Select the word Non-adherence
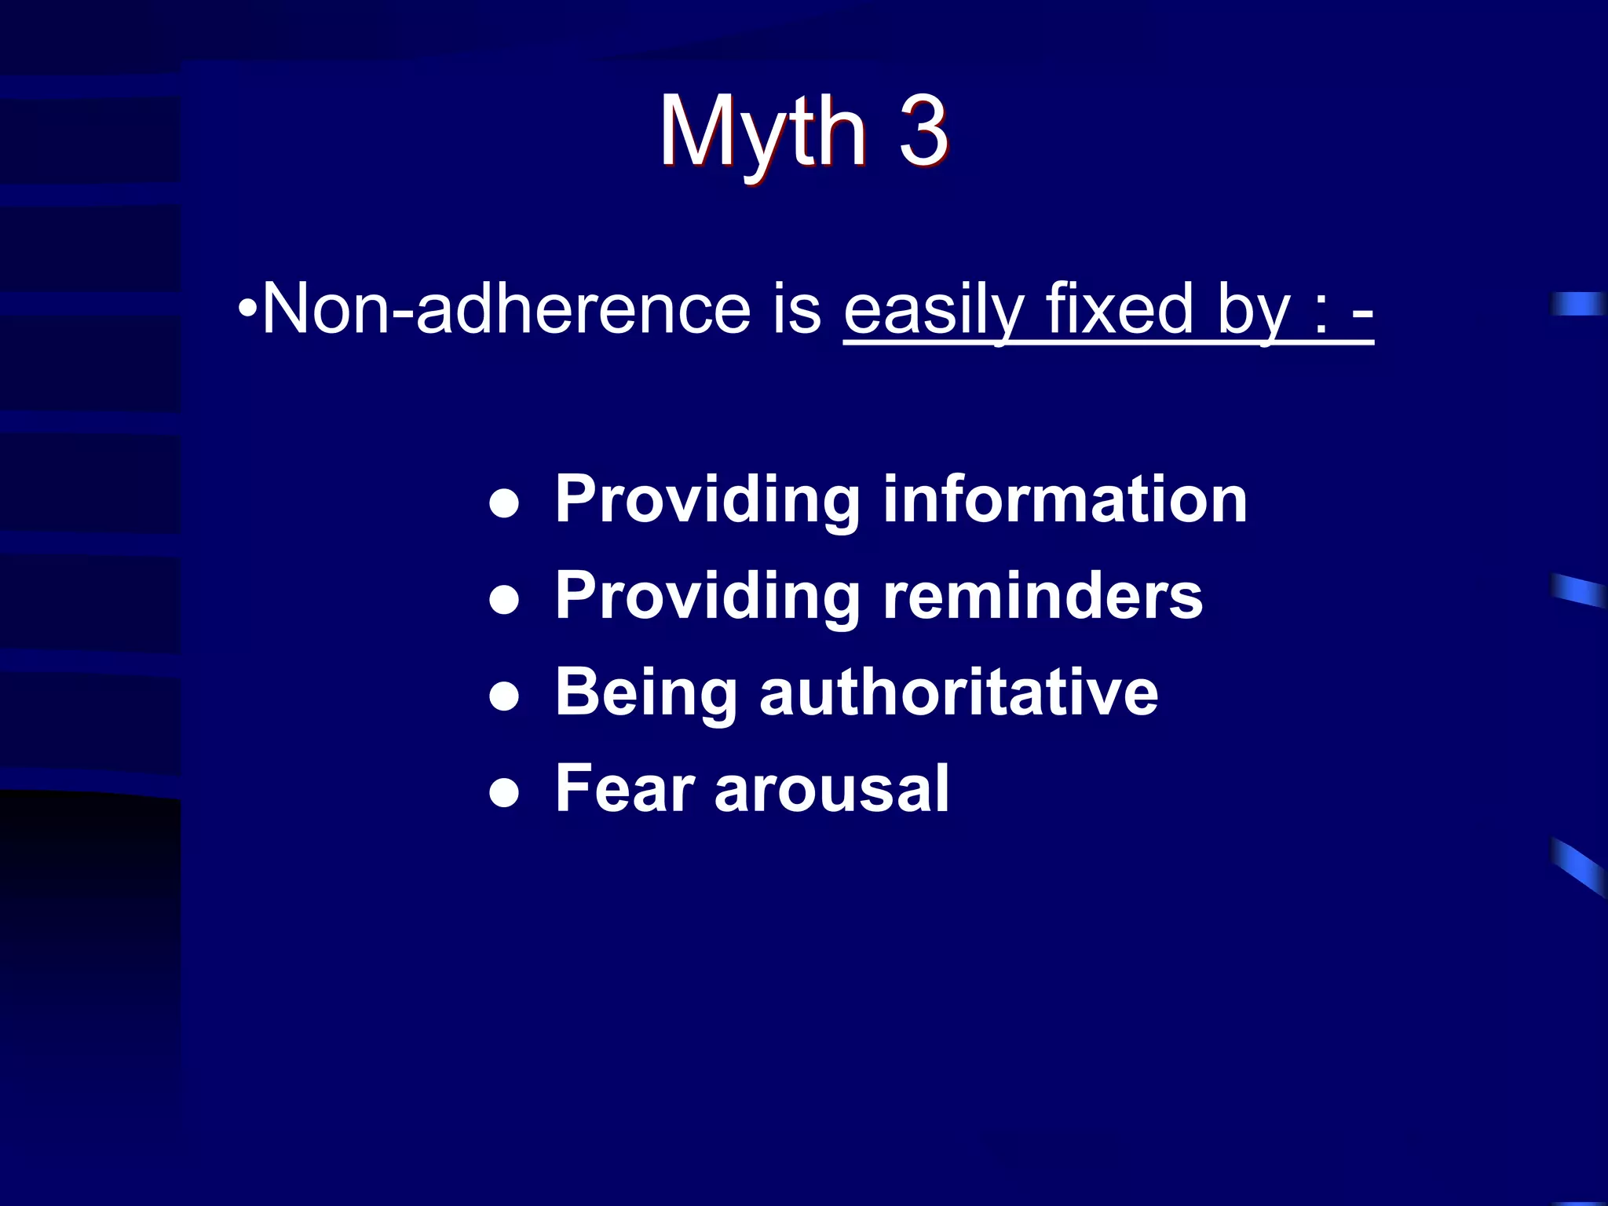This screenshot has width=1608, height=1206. click(506, 309)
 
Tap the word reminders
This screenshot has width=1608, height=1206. click(1043, 596)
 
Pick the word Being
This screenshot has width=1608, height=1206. click(645, 694)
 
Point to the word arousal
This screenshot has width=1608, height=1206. click(831, 790)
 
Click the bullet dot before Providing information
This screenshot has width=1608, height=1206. click(503, 503)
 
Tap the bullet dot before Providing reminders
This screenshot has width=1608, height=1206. click(503, 600)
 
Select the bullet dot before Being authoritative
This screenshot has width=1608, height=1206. click(503, 696)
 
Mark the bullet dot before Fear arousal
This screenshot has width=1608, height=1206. click(503, 793)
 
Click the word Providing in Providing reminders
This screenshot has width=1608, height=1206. click(707, 598)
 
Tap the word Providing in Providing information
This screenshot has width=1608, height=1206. click(707, 501)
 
